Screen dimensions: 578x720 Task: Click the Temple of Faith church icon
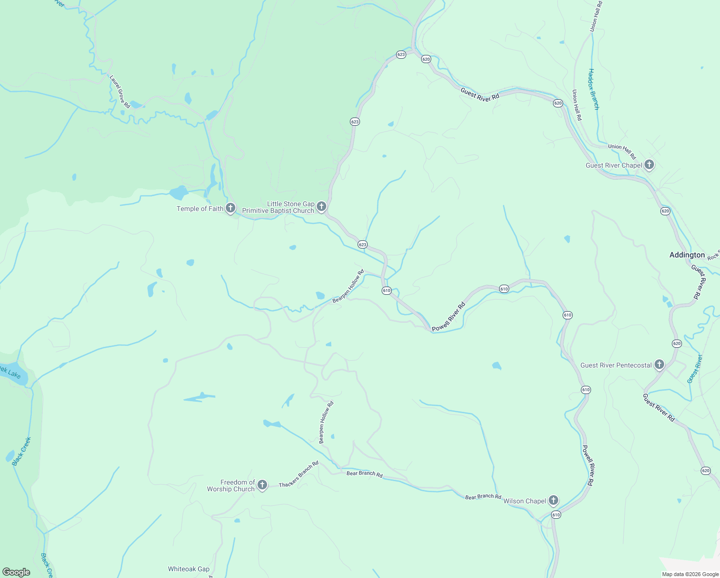coord(231,208)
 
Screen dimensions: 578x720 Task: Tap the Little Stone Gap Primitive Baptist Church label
coord(278,208)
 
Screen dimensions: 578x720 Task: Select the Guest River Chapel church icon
coord(649,165)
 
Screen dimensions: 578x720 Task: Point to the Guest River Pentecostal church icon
coord(659,365)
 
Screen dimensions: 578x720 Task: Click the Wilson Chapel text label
coord(525,501)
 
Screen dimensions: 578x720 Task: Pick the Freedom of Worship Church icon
coord(262,485)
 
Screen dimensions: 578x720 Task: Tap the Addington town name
coord(687,255)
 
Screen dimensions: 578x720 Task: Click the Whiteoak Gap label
coord(189,569)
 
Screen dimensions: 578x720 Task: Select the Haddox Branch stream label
coord(593,89)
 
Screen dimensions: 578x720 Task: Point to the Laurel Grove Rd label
coord(120,91)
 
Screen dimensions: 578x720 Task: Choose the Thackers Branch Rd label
coord(299,474)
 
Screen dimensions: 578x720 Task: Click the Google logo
coord(16,572)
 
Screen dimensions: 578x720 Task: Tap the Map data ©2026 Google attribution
coord(690,574)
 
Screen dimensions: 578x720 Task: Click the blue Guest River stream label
coord(694,369)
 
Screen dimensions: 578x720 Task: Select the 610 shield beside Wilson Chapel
coord(556,515)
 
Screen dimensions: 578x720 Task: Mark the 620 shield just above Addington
coord(665,211)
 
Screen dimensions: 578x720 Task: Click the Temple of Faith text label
coord(200,209)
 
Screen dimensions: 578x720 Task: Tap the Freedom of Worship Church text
coord(231,486)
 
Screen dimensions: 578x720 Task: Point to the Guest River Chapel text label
coord(614,165)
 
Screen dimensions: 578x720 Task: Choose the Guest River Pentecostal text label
coord(616,365)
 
